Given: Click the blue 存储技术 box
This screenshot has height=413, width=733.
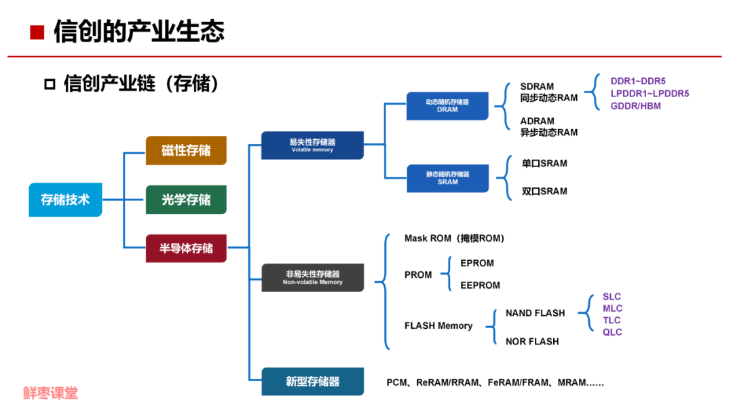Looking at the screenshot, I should pyautogui.click(x=65, y=200).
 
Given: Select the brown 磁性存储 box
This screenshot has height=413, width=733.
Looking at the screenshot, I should pyautogui.click(x=186, y=150).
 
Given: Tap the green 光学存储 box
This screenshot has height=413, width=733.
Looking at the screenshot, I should pyautogui.click(x=186, y=200).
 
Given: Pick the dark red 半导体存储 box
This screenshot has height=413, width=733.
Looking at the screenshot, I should pyautogui.click(x=186, y=248).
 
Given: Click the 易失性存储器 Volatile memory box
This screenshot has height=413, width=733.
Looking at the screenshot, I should pyautogui.click(x=312, y=145).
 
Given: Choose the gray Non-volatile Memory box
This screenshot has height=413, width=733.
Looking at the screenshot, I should pyautogui.click(x=312, y=277).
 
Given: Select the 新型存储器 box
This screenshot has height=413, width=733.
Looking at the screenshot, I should pyautogui.click(x=312, y=382).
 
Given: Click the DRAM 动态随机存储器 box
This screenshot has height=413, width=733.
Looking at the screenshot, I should pyautogui.click(x=447, y=105).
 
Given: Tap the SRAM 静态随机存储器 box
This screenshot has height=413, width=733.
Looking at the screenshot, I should pyautogui.click(x=447, y=178).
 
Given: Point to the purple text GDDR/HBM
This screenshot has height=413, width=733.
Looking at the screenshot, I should pyautogui.click(x=635, y=106).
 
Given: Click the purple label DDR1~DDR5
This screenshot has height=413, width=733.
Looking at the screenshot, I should pyautogui.click(x=638, y=82).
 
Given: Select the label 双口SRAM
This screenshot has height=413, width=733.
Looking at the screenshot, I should pyautogui.click(x=544, y=192).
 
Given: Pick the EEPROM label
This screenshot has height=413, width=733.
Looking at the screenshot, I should pyautogui.click(x=480, y=285).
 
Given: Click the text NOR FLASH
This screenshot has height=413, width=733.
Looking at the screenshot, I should pyautogui.click(x=532, y=342).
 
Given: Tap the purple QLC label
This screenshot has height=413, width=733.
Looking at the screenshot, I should pyautogui.click(x=612, y=332).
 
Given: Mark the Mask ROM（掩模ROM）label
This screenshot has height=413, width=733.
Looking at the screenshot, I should pyautogui.click(x=454, y=238).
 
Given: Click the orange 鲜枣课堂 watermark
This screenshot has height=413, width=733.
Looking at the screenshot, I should pyautogui.click(x=50, y=393).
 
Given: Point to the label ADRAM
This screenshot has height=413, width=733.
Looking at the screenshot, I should pyautogui.click(x=537, y=122).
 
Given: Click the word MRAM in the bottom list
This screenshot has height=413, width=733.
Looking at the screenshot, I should pyautogui.click(x=571, y=382).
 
